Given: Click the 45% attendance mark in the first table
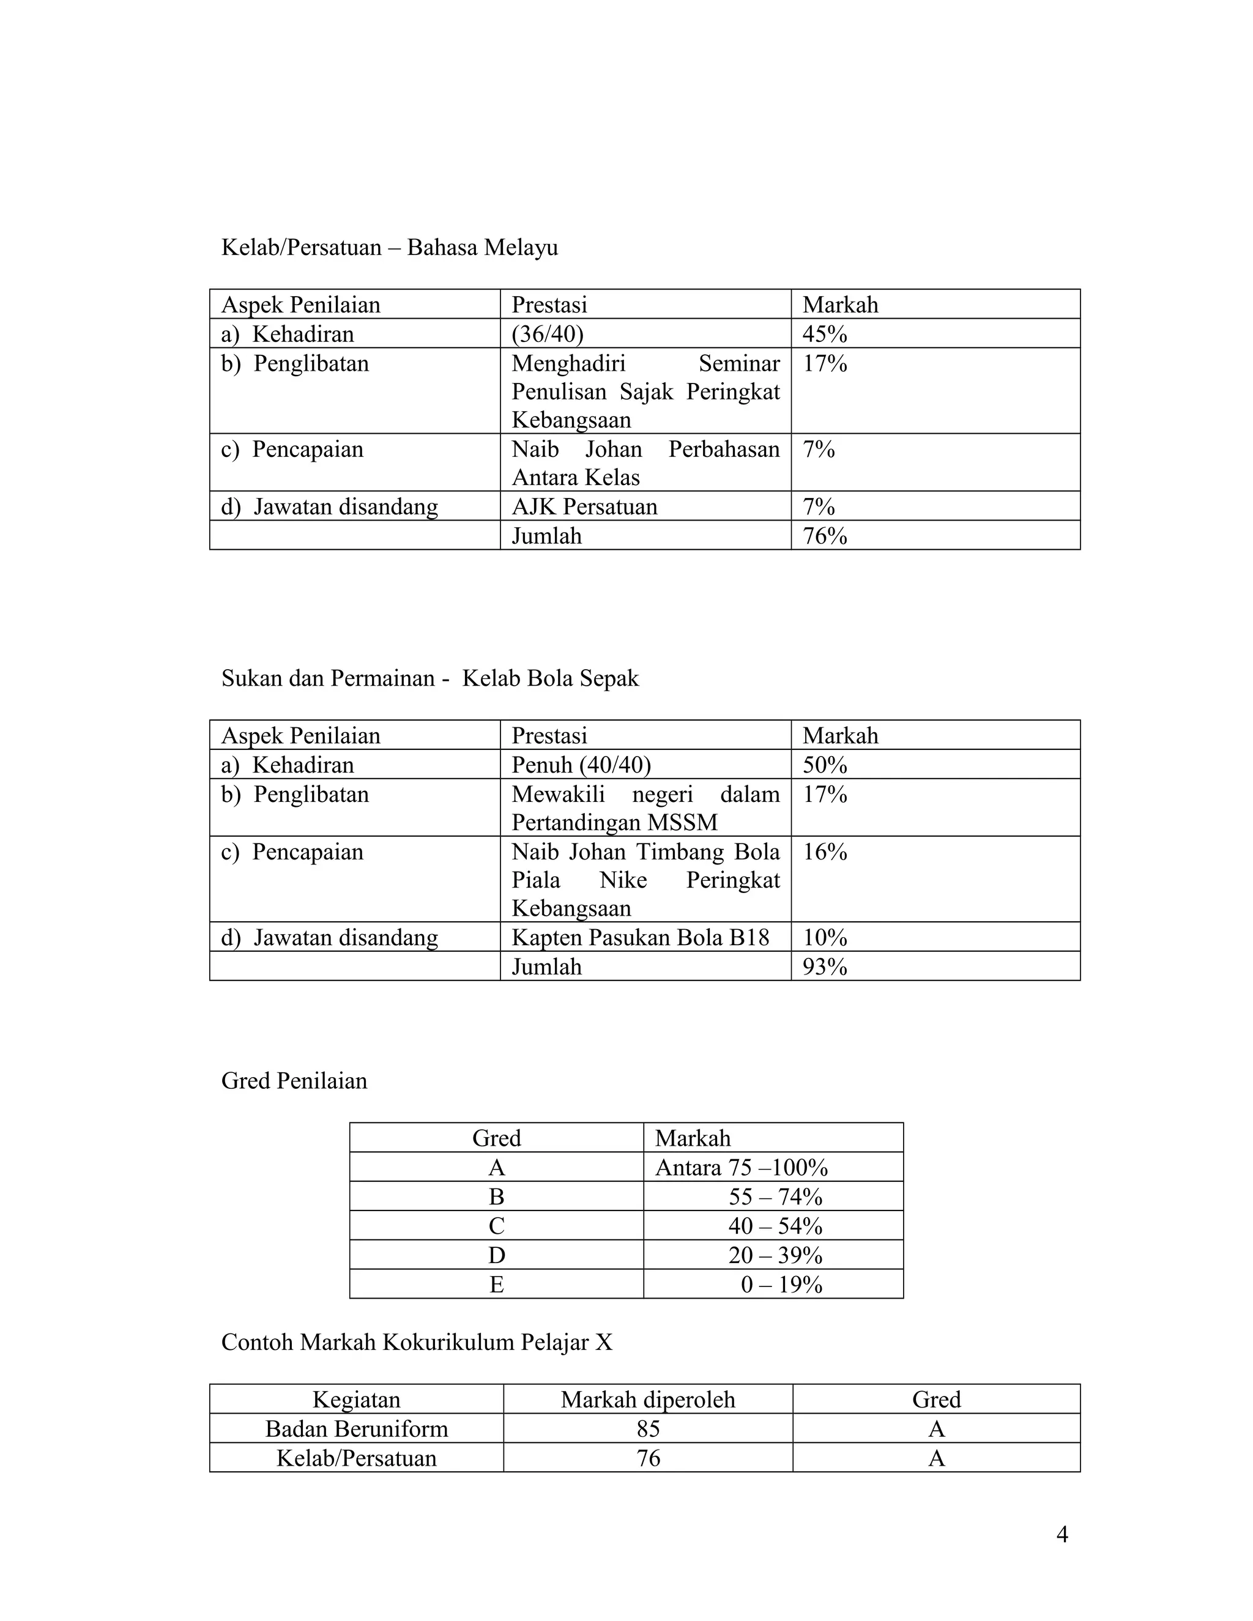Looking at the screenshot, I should coord(824,334).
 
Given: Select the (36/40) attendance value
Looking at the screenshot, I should coord(547,334).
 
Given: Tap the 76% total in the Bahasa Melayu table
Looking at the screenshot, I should coord(824,536).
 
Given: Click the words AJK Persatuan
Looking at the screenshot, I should coord(584,507).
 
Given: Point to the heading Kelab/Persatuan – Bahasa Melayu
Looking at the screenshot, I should coord(389,247).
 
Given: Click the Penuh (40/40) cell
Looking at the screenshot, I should coord(581,765).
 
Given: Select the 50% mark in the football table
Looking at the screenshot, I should coord(824,765).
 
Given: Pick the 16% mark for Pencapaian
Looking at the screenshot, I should coord(824,852).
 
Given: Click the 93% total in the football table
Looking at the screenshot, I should coord(824,967).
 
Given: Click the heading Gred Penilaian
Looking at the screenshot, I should coord(294,1081).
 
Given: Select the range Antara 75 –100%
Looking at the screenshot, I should coord(741,1168).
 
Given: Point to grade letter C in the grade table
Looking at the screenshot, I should coord(497,1226).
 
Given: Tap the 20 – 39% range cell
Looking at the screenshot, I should coord(775,1256).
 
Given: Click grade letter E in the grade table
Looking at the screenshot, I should coord(497,1285).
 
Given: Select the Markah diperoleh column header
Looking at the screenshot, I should coord(647,1400).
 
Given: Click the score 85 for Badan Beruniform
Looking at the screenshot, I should coord(647,1429).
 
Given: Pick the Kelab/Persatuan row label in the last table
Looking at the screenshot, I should coord(356,1458).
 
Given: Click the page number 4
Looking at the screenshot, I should coord(1062,1534).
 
